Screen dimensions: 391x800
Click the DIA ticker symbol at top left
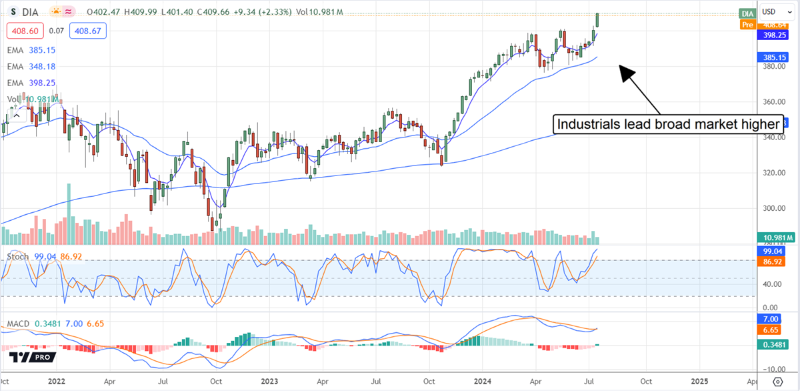29,12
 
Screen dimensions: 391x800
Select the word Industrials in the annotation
585,125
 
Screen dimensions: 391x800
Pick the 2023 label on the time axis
269,381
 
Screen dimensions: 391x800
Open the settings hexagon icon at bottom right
777,382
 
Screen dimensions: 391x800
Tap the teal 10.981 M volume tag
777,238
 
